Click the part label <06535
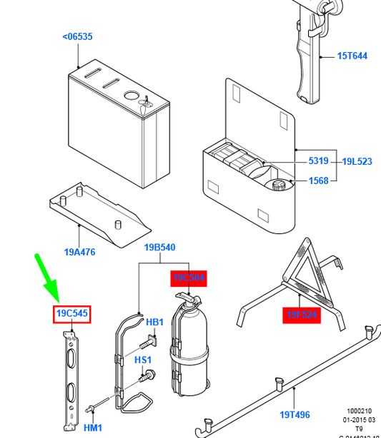tap(77, 36)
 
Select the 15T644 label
tap(352, 56)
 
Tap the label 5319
tap(319, 162)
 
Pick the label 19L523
tap(357, 162)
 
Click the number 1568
tap(319, 180)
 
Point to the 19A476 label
tap(79, 252)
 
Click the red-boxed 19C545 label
tap(72, 314)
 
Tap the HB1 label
tap(155, 322)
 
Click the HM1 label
tap(93, 427)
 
